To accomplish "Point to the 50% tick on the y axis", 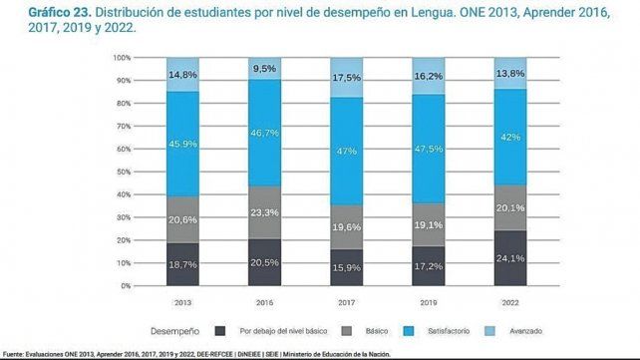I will click(122, 172).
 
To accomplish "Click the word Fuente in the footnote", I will click(14, 354).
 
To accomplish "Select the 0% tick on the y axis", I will click(125, 285).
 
